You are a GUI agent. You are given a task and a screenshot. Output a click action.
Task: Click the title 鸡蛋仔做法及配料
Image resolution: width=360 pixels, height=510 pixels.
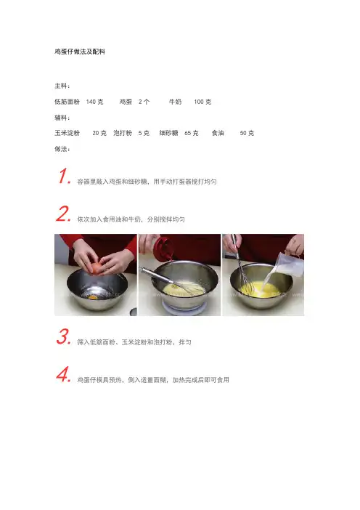click(x=80, y=52)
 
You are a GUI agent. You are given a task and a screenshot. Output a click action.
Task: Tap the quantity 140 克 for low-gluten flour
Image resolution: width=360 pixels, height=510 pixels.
click(x=94, y=102)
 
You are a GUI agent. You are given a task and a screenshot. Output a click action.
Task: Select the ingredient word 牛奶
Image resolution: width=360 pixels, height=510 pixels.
click(x=175, y=102)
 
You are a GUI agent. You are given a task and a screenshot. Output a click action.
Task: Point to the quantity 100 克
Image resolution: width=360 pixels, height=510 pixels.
click(x=202, y=102)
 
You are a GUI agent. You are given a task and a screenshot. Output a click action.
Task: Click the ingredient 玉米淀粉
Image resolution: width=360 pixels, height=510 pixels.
click(x=67, y=133)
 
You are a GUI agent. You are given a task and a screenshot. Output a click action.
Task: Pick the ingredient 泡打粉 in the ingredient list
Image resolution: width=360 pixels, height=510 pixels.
click(x=123, y=133)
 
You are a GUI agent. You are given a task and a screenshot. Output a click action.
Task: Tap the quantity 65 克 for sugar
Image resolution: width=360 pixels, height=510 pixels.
click(x=192, y=133)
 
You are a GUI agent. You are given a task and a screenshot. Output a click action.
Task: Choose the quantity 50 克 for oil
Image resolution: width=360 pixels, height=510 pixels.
click(x=247, y=133)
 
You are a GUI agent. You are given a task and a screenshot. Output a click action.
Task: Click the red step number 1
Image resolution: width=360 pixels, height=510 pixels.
click(x=64, y=176)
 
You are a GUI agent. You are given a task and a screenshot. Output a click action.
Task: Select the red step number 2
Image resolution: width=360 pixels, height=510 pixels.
click(x=63, y=214)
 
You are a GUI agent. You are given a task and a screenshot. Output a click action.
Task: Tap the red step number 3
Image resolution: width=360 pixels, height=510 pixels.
click(x=63, y=336)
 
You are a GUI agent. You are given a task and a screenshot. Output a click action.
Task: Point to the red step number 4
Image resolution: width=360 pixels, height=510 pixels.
click(x=63, y=374)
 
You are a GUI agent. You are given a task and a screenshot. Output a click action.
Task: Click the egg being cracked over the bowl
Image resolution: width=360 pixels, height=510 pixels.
click(x=97, y=268)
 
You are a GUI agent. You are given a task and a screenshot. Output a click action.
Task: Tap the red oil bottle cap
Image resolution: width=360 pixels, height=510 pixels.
click(x=163, y=247)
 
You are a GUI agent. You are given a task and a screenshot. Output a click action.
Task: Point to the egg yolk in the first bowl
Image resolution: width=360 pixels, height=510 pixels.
click(x=93, y=296)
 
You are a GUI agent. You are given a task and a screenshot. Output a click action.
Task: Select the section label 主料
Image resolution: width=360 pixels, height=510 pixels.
click(x=62, y=86)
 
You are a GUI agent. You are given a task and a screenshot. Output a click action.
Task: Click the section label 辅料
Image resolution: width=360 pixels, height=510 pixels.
click(x=62, y=118)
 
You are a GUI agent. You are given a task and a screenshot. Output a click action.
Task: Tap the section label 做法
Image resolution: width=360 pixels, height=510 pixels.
click(x=62, y=149)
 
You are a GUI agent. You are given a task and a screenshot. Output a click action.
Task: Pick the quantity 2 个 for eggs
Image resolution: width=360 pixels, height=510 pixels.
click(x=144, y=102)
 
